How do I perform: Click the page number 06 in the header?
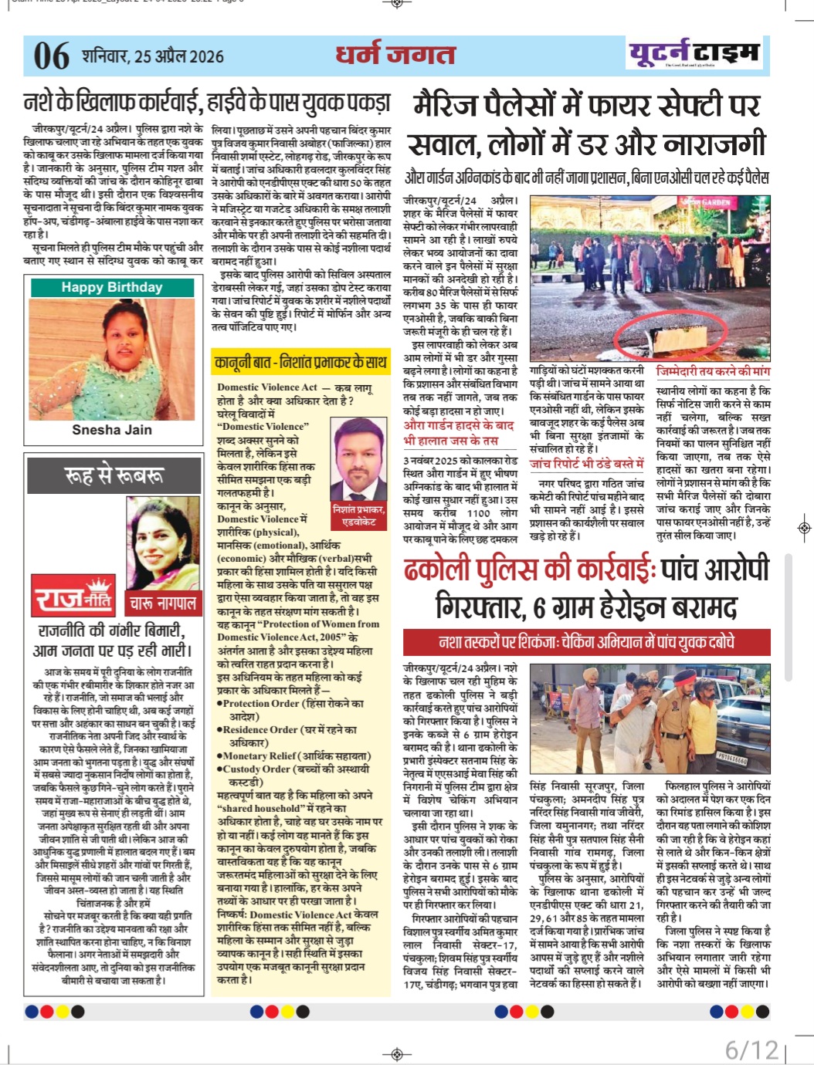pyautogui.click(x=51, y=56)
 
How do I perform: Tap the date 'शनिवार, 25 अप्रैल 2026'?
pyautogui.click(x=153, y=56)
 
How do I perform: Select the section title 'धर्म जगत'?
pyautogui.click(x=395, y=55)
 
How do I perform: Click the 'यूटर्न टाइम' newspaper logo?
pyautogui.click(x=694, y=53)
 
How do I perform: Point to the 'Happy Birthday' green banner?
pyautogui.click(x=112, y=288)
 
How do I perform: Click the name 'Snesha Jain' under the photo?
pyautogui.click(x=112, y=430)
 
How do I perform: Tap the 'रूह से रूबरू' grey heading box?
pyautogui.click(x=114, y=475)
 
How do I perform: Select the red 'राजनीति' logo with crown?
pyautogui.click(x=74, y=598)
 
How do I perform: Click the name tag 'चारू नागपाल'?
pyautogui.click(x=162, y=602)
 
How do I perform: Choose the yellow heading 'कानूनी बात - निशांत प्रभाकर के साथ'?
pyautogui.click(x=300, y=362)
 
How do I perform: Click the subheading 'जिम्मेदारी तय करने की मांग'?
pyautogui.click(x=713, y=371)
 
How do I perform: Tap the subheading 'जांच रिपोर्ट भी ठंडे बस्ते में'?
pyautogui.click(x=586, y=464)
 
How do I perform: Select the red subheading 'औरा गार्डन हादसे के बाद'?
pyautogui.click(x=459, y=425)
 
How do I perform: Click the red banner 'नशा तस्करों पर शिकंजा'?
pyautogui.click(x=586, y=642)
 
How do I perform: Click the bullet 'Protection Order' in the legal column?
pyautogui.click(x=290, y=704)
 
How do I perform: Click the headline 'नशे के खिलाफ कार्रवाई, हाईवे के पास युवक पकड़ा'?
pyautogui.click(x=207, y=103)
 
